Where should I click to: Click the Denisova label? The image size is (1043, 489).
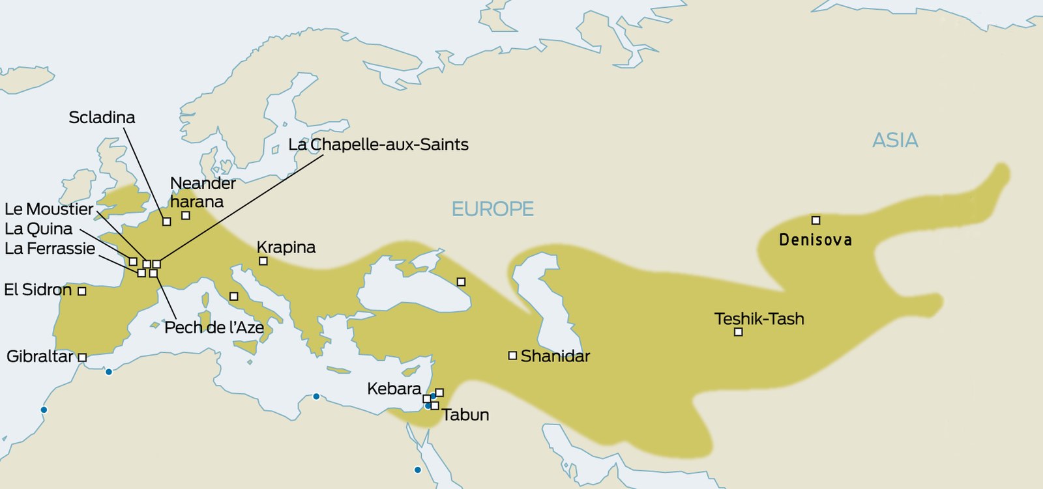click(x=815, y=240)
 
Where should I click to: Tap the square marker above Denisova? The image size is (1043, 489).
click(x=815, y=220)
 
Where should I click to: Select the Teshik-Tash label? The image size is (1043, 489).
click(x=759, y=318)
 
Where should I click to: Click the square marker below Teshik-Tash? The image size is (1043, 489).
click(x=738, y=332)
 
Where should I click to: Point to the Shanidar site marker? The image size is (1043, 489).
click(x=512, y=356)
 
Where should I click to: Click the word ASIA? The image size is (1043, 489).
click(x=895, y=140)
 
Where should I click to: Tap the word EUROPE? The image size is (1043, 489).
click(x=492, y=209)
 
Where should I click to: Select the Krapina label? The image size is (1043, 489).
click(x=286, y=247)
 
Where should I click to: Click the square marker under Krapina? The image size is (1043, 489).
click(x=263, y=261)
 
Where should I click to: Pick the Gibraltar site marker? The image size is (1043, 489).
click(x=82, y=357)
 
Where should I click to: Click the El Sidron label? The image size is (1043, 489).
click(x=38, y=290)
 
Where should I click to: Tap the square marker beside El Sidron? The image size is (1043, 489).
click(x=82, y=291)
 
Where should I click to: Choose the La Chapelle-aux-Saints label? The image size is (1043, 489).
click(x=378, y=145)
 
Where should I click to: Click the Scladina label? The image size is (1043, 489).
click(x=102, y=117)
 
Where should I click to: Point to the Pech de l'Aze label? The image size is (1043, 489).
click(x=214, y=327)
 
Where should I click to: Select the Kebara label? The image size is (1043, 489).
click(x=394, y=389)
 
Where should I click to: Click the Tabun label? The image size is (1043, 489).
click(x=465, y=415)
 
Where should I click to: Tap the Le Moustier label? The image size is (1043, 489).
click(x=49, y=209)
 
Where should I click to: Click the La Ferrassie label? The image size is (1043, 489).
click(x=50, y=248)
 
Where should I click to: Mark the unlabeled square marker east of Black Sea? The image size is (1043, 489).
click(x=461, y=282)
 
